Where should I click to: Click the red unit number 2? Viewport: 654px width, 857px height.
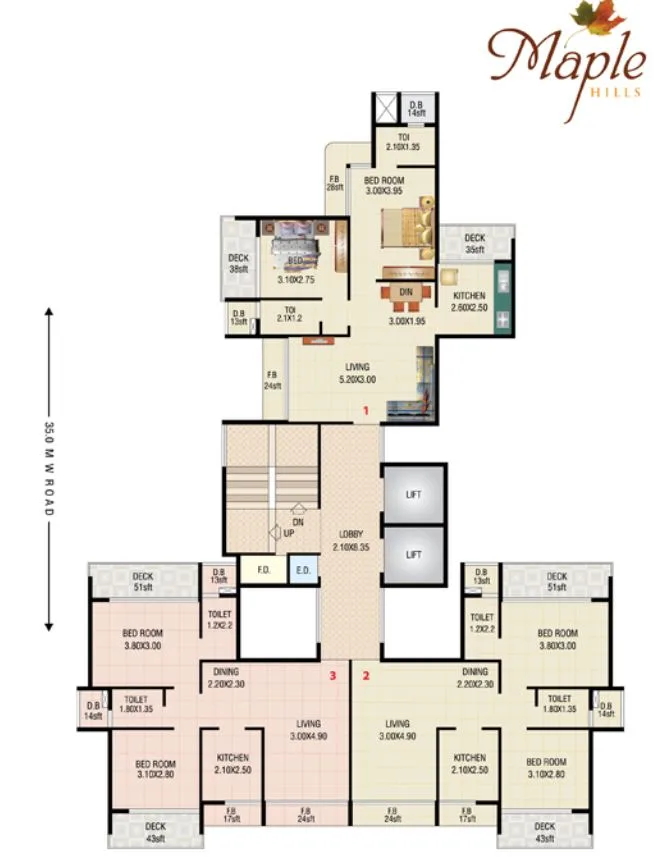point(366,675)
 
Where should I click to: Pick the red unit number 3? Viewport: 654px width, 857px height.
point(333,675)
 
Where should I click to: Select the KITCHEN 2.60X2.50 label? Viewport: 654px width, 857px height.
point(469,302)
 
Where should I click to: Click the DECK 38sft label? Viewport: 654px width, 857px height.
point(238,264)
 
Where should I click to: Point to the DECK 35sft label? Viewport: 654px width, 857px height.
point(474,244)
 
